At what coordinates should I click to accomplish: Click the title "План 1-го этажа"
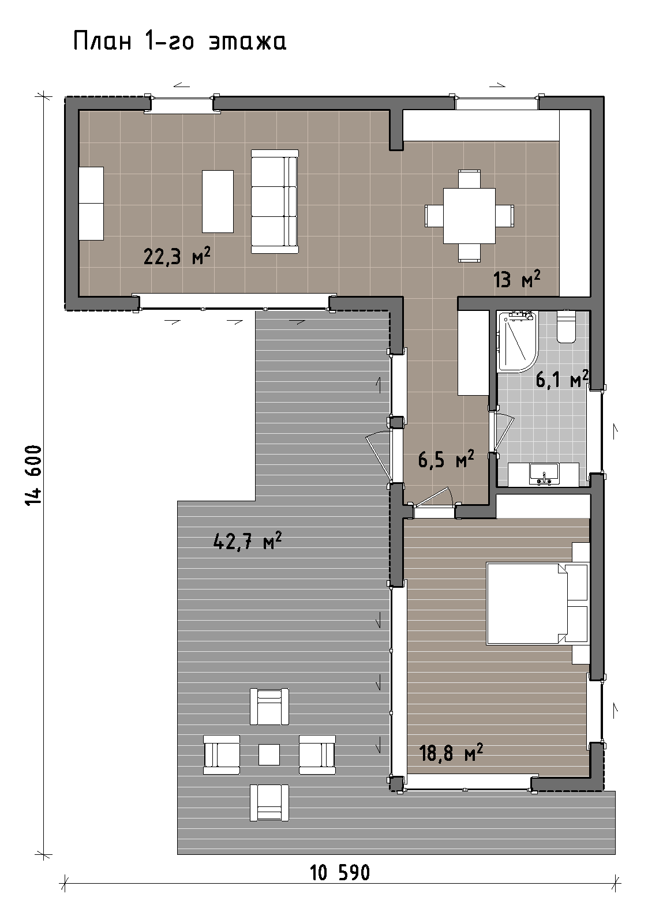coord(179,42)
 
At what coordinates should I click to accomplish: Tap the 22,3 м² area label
coord(177,256)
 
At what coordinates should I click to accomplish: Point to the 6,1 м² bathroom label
coord(562,380)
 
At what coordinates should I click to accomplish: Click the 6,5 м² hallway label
coord(446,459)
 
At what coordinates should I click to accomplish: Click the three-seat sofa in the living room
coord(275,202)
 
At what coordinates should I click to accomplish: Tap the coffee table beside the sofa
coord(218,202)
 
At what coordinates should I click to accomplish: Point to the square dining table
coord(470,216)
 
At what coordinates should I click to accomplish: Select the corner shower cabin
coord(516,342)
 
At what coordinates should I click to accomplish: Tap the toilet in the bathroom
coord(567,326)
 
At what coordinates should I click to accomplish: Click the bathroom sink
coord(544,474)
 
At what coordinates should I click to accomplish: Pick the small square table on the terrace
coord(269,754)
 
